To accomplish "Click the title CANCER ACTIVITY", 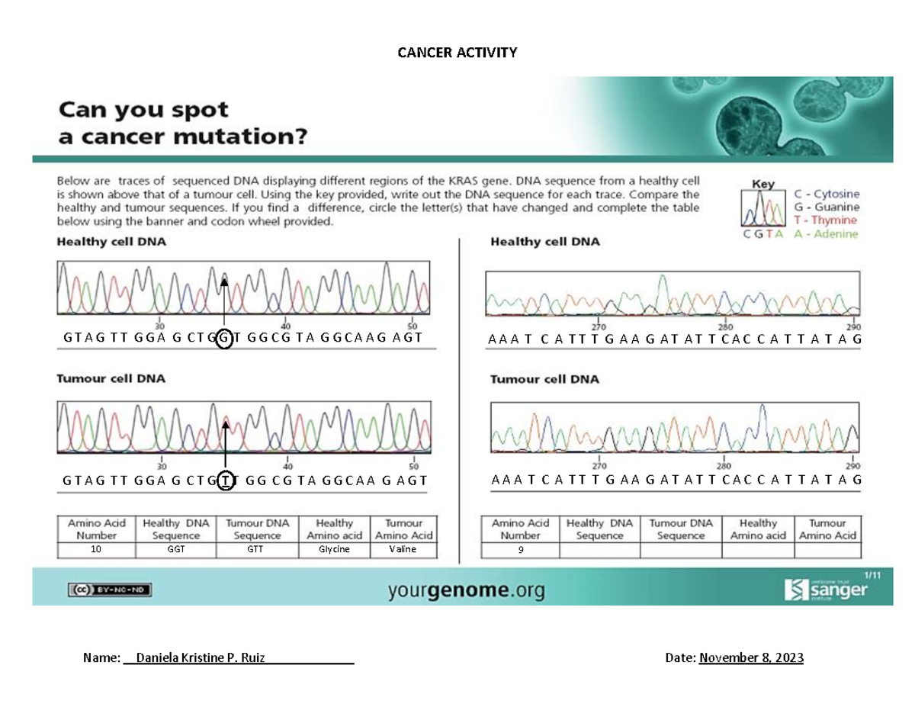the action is click(x=457, y=52).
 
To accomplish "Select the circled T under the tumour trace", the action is click(x=226, y=480).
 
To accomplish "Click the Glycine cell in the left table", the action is click(x=334, y=549).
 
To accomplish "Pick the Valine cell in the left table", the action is click(x=403, y=549).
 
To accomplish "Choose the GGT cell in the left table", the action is click(x=176, y=549).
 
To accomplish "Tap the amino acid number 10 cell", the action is click(x=96, y=549).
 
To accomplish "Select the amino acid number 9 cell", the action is click(x=521, y=550).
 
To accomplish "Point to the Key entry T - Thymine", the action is click(x=827, y=220).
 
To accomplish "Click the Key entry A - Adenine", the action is click(x=827, y=234).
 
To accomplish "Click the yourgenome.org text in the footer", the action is click(x=467, y=590).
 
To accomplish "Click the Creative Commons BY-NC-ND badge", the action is click(x=111, y=589).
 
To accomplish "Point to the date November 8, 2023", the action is click(x=751, y=658).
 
